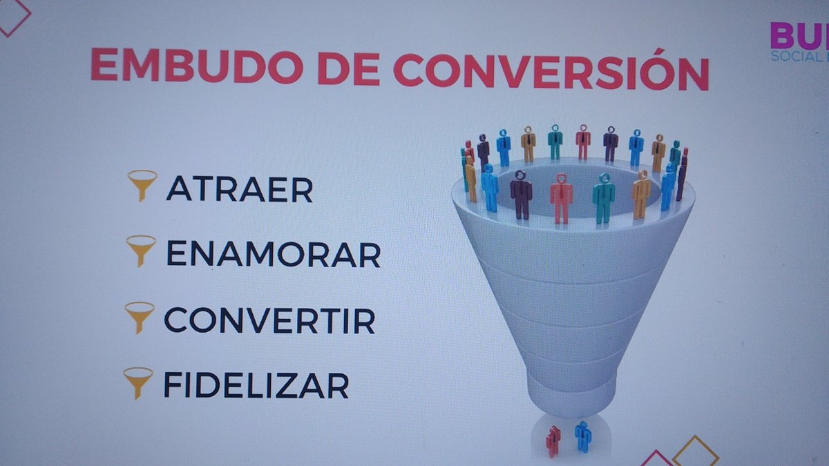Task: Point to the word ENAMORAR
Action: pyautogui.click(x=273, y=254)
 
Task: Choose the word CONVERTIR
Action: pyautogui.click(x=269, y=320)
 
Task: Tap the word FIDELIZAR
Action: pyautogui.click(x=256, y=385)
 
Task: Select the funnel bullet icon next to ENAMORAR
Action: pyautogui.click(x=141, y=251)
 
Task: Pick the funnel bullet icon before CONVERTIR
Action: pyautogui.click(x=139, y=317)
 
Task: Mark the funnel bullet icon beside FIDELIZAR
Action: pyautogui.click(x=137, y=382)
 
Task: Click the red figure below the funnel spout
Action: pyautogui.click(x=553, y=440)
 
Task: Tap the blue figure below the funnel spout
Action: pyautogui.click(x=583, y=436)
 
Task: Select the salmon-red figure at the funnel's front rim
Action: pyautogui.click(x=561, y=198)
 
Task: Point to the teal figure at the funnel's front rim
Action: pyautogui.click(x=603, y=198)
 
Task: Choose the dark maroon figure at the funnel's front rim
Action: pyautogui.click(x=521, y=195)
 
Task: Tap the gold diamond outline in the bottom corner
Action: pyautogui.click(x=695, y=452)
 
